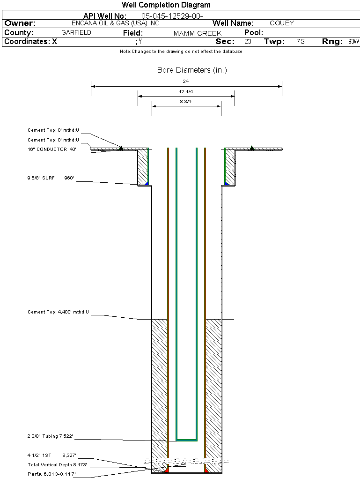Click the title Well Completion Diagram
point(166,5)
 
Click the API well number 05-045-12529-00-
point(172,16)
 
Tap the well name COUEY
point(282,23)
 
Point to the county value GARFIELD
point(76,33)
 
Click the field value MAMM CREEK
point(198,33)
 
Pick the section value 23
point(248,42)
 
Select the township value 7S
point(301,42)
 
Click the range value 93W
point(353,42)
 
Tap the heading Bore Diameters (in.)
point(192,70)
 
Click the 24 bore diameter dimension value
point(186,82)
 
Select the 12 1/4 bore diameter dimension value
point(186,91)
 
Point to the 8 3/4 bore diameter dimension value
point(186,101)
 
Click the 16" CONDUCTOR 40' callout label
point(51,149)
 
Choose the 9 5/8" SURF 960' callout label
point(51,178)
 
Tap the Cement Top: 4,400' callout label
point(58,312)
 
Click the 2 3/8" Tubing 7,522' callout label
point(51,436)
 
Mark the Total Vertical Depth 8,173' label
point(57,465)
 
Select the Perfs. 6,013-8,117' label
point(51,474)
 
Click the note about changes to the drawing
point(181,52)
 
